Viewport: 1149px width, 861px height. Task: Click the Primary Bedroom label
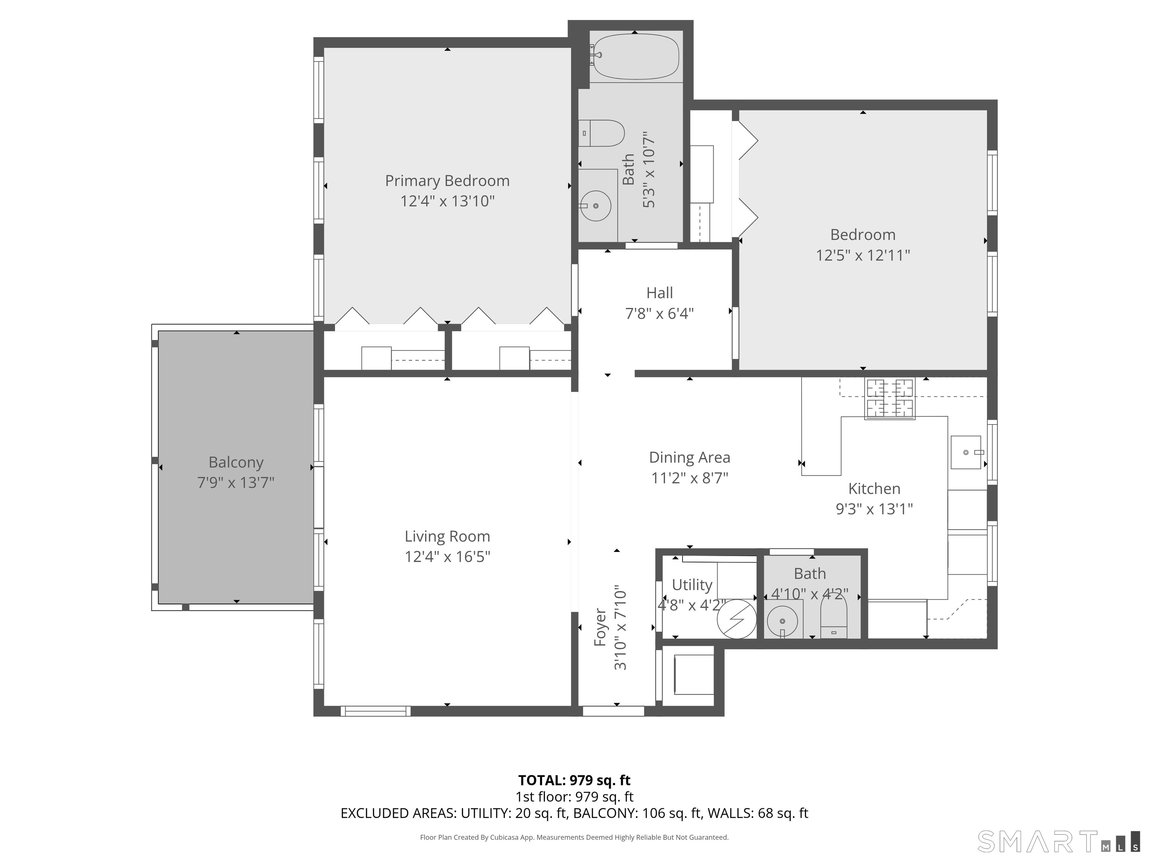pyautogui.click(x=447, y=180)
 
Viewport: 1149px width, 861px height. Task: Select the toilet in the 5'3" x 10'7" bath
pyautogui.click(x=601, y=133)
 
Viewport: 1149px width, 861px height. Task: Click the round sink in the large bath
pyautogui.click(x=595, y=206)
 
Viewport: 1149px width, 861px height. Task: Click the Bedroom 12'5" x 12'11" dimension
pyautogui.click(x=863, y=255)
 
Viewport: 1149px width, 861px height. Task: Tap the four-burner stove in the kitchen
pyautogui.click(x=890, y=399)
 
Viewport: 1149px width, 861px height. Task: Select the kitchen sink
pyautogui.click(x=966, y=453)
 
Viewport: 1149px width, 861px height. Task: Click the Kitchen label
pyautogui.click(x=874, y=488)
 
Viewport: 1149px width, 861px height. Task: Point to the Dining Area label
pyautogui.click(x=690, y=457)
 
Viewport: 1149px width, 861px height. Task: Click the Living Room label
pyautogui.click(x=447, y=536)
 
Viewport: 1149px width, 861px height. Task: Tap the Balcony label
pyautogui.click(x=236, y=462)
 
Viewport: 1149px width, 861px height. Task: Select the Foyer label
pyautogui.click(x=600, y=627)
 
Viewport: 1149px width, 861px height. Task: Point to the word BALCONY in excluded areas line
pyautogui.click(x=604, y=813)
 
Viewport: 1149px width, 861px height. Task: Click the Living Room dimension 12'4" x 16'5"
pyautogui.click(x=447, y=557)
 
